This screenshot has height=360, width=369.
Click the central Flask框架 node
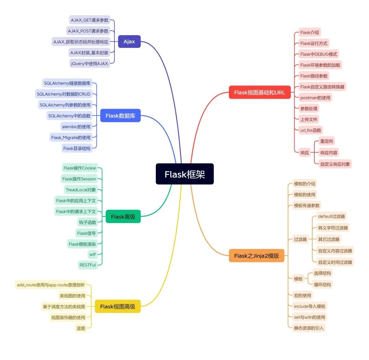click(x=184, y=174)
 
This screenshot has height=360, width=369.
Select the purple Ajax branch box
click(x=129, y=42)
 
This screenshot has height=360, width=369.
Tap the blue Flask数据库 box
click(x=120, y=116)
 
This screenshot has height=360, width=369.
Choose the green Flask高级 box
click(x=123, y=216)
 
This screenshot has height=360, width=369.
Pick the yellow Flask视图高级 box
click(x=118, y=306)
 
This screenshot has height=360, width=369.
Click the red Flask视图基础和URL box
click(x=259, y=92)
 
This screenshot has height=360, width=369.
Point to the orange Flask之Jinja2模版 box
click(x=257, y=255)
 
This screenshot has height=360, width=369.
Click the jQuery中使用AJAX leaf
click(x=90, y=63)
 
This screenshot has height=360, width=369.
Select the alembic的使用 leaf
click(x=76, y=127)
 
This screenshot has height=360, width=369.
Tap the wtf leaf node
click(x=93, y=254)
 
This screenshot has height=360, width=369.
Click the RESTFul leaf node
click(x=88, y=265)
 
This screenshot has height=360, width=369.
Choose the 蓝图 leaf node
click(x=81, y=328)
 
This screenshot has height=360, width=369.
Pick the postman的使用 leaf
click(x=315, y=98)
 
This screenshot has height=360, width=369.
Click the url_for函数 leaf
click(x=311, y=130)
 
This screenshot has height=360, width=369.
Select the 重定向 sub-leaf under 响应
click(x=327, y=141)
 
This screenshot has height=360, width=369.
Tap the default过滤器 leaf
click(x=331, y=216)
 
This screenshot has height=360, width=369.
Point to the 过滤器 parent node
click(x=300, y=239)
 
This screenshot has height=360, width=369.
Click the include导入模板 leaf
click(x=310, y=306)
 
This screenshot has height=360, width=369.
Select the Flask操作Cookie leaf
click(x=80, y=168)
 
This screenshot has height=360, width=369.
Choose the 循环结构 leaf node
click(x=322, y=284)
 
